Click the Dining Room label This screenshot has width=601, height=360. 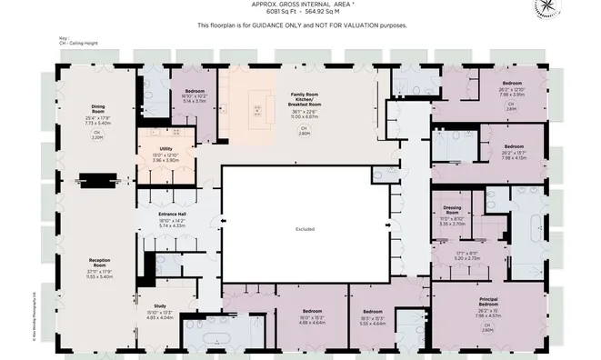[x=97, y=106]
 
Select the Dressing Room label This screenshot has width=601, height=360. [x=452, y=210]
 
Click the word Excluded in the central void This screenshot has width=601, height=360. [x=305, y=229]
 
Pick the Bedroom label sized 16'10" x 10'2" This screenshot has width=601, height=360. [x=195, y=92]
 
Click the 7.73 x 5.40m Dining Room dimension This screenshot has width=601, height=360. [x=97, y=121]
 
